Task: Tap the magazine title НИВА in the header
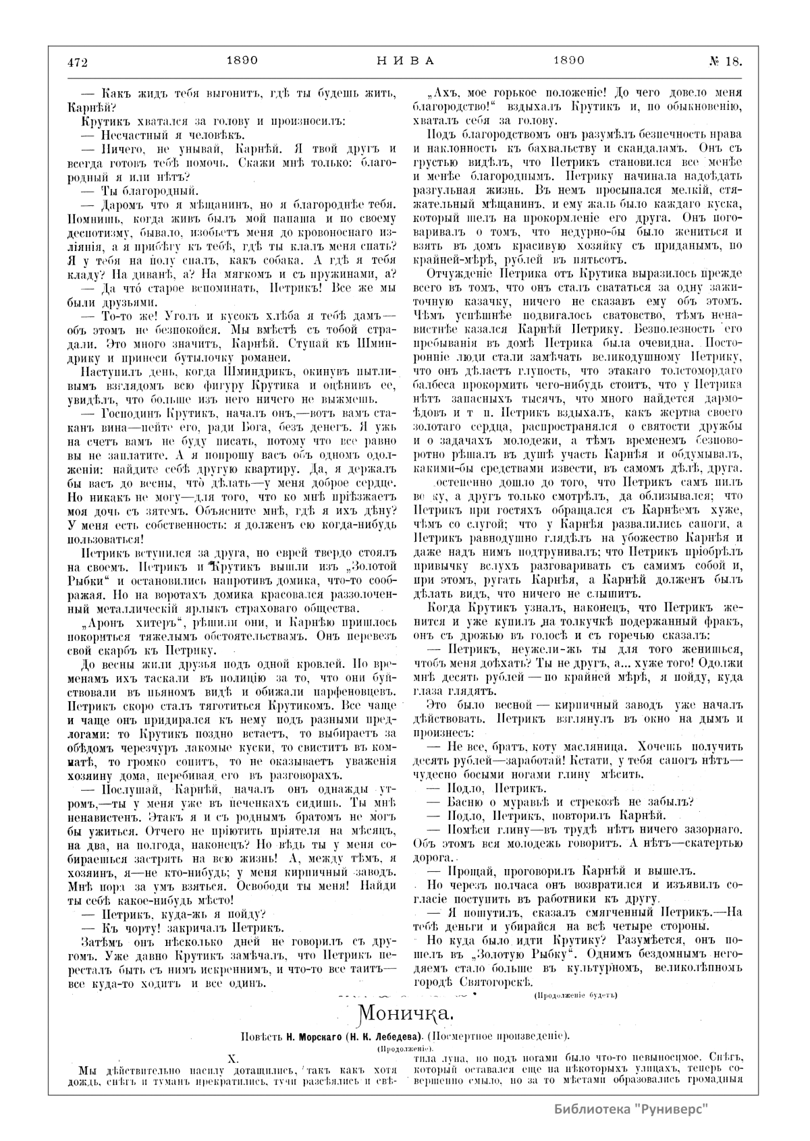coord(404,60)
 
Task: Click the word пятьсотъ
coord(576,262)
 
